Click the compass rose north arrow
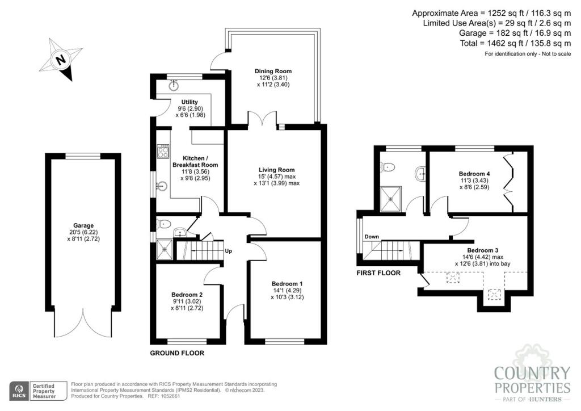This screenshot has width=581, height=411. click(61, 59)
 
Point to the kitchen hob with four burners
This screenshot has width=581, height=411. click(163, 152)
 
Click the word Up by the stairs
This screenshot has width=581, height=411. click(228, 250)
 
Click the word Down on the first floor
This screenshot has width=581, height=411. click(372, 237)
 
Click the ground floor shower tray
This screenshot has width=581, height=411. click(164, 248)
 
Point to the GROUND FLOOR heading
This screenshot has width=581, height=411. click(176, 353)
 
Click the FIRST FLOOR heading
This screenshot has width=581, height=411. click(378, 273)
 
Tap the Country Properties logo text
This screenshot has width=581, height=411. click(532, 381)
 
